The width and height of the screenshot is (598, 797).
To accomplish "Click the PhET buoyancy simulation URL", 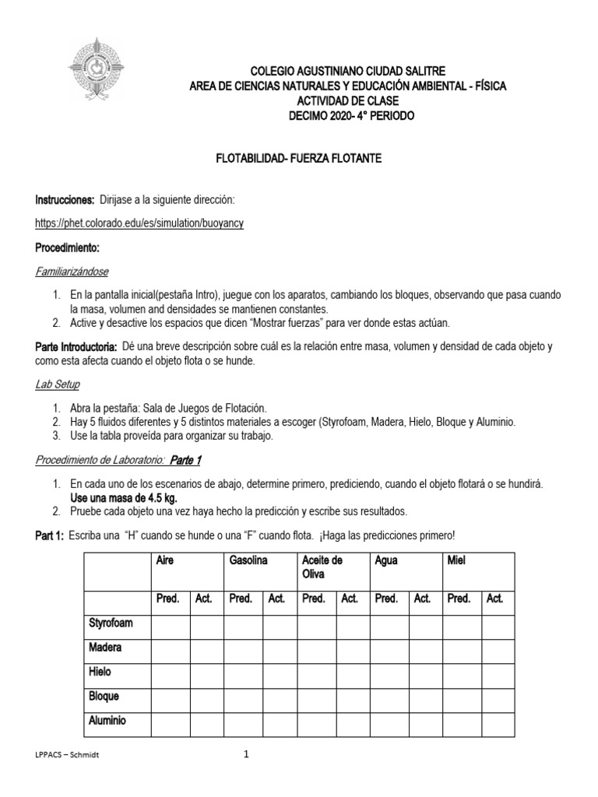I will coord(140,223).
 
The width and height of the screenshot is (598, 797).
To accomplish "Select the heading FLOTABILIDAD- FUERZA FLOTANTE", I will coord(299,159).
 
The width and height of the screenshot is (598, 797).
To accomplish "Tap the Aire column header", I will coord(165,560).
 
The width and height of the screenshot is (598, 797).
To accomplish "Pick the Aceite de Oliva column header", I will coord(322,567).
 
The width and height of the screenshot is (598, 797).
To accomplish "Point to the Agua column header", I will coord(387,560).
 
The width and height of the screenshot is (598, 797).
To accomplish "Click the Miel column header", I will coord(456,560).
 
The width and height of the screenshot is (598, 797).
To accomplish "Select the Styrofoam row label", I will coord(107,623).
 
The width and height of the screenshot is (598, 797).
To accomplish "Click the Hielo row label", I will coord(100,672).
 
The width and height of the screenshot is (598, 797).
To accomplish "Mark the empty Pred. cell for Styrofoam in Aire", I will coord(170,624).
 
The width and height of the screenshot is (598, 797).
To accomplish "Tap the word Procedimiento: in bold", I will coord(68,248).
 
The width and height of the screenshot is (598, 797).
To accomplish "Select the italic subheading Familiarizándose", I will coord(72,272).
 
